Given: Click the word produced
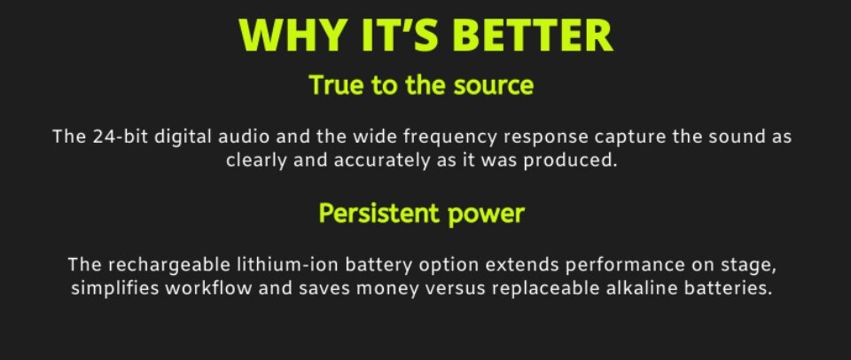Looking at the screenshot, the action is point(570,161).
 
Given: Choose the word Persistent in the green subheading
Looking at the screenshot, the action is point(379,213).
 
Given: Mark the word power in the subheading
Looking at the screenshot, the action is point(487,215).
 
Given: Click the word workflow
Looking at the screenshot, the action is point(208,288).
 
